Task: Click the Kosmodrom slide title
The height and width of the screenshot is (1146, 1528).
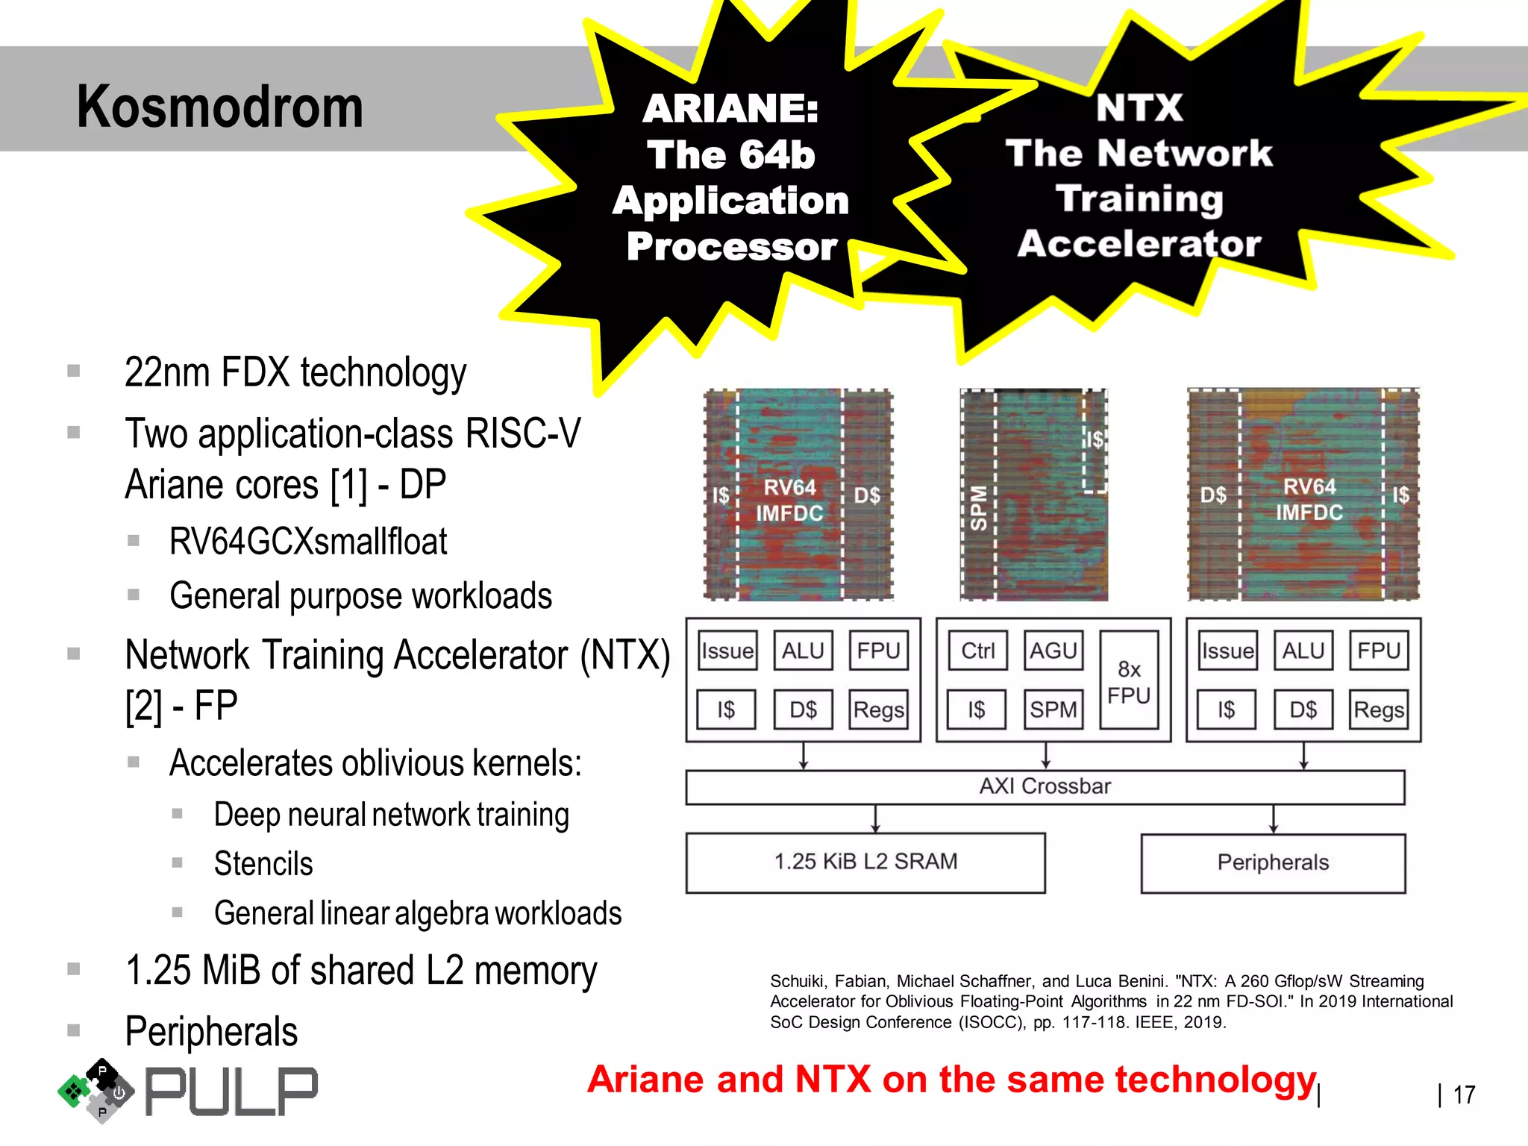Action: click(x=219, y=107)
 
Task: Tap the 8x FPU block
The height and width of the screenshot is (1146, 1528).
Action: click(x=1129, y=681)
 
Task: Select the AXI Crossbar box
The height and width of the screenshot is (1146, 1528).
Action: click(x=1045, y=786)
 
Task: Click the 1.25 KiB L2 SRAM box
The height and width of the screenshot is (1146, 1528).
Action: click(x=865, y=862)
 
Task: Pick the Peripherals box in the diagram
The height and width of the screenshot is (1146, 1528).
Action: click(x=1273, y=862)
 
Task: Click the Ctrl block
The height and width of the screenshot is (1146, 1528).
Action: click(x=977, y=651)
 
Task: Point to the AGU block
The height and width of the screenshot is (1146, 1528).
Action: click(x=1053, y=651)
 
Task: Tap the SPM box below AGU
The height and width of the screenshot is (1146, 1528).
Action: click(x=1053, y=709)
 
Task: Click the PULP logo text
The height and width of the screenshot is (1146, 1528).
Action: click(x=231, y=1092)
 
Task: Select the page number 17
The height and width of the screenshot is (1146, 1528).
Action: click(x=1464, y=1095)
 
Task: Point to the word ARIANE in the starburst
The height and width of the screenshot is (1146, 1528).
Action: click(x=730, y=109)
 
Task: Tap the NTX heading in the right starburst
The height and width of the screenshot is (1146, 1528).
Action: click(x=1139, y=107)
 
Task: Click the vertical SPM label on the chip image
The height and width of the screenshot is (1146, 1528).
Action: click(x=978, y=507)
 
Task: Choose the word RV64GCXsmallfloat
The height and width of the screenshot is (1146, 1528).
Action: click(x=308, y=542)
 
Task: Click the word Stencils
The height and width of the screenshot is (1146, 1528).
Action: click(x=263, y=864)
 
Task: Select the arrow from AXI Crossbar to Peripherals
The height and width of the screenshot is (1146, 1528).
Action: click(x=1273, y=818)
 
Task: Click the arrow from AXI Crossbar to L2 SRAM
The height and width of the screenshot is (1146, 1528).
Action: click(x=876, y=818)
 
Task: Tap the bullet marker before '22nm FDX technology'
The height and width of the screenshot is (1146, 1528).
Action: click(x=74, y=371)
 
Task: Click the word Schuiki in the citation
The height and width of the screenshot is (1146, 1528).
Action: click(x=798, y=981)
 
